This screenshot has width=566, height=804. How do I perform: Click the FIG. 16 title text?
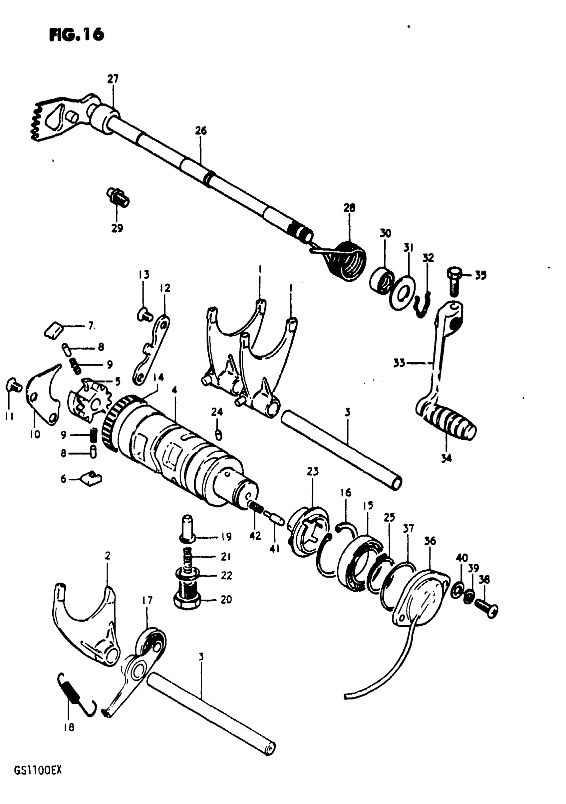pos(77,34)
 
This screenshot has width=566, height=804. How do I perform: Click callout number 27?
pos(113,79)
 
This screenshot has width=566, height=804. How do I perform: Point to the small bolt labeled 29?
pos(118,197)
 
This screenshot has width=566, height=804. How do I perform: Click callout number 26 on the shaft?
pos(201,131)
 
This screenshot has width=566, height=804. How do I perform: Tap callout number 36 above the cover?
pos(430,541)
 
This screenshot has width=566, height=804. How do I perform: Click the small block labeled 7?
pos(53,331)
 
